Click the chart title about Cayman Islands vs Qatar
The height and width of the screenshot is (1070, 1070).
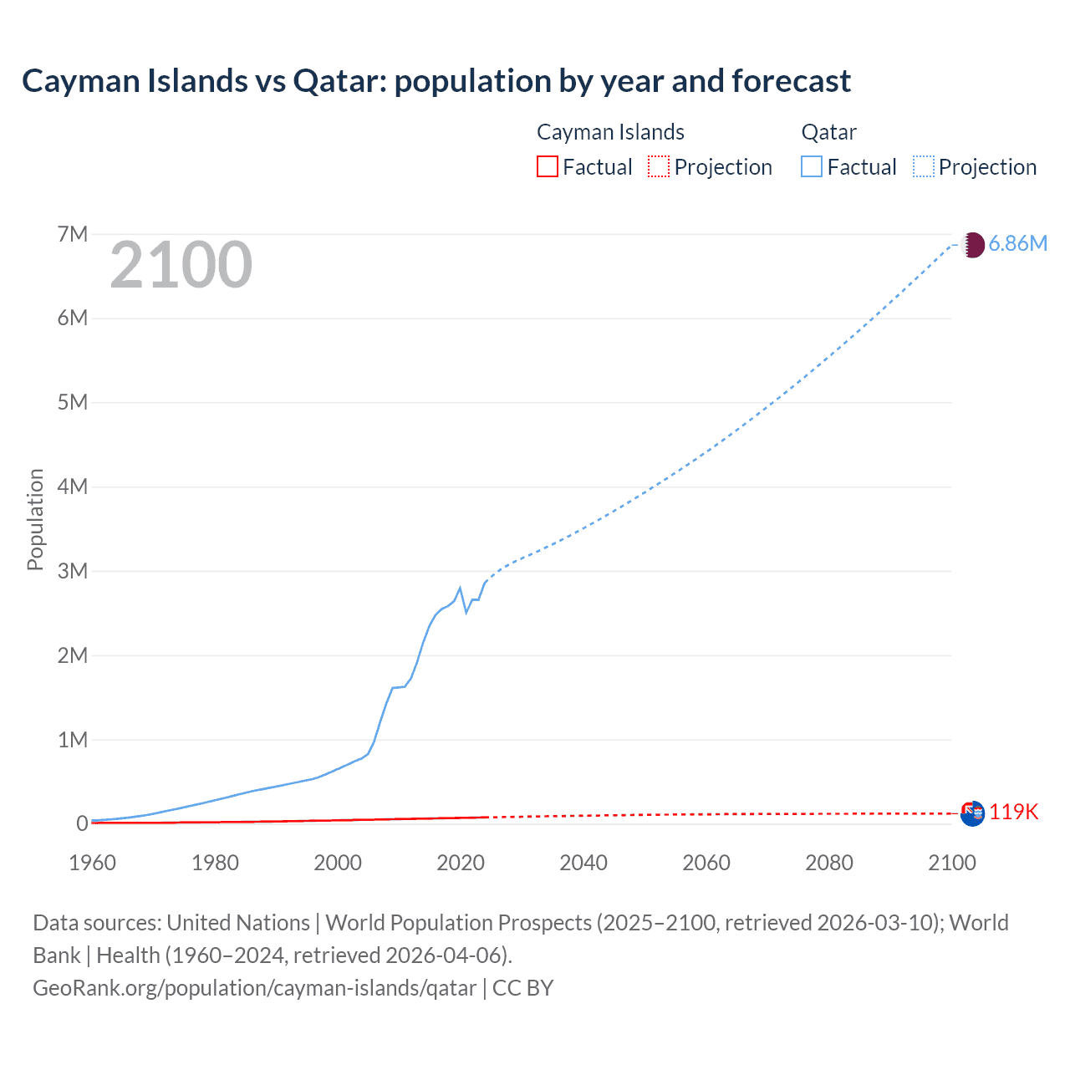[436, 81]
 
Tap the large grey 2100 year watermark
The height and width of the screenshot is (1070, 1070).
[181, 265]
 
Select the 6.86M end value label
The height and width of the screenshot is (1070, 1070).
[1017, 243]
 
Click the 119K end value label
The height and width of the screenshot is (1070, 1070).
[1013, 812]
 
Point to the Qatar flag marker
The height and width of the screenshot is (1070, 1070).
[972, 245]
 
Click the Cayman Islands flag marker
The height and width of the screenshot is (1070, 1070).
[972, 813]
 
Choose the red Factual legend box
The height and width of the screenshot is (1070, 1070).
[547, 166]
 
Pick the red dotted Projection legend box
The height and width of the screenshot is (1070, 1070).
[659, 166]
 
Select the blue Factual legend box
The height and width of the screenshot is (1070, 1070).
[811, 166]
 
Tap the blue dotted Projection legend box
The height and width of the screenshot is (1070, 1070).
[924, 166]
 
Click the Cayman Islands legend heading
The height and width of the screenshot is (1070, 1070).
[610, 132]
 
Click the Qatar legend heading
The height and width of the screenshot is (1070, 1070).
[828, 132]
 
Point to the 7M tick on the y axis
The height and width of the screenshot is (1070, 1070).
[73, 234]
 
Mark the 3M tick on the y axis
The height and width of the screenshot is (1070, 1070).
[73, 571]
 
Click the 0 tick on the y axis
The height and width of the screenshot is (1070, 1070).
[82, 823]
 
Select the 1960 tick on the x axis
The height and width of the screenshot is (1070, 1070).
[92, 863]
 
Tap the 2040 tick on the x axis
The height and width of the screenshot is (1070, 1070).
[583, 863]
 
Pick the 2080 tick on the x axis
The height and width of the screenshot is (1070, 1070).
[829, 863]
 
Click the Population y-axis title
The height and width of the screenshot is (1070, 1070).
[35, 519]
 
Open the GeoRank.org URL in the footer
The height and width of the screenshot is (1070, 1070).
[254, 988]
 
